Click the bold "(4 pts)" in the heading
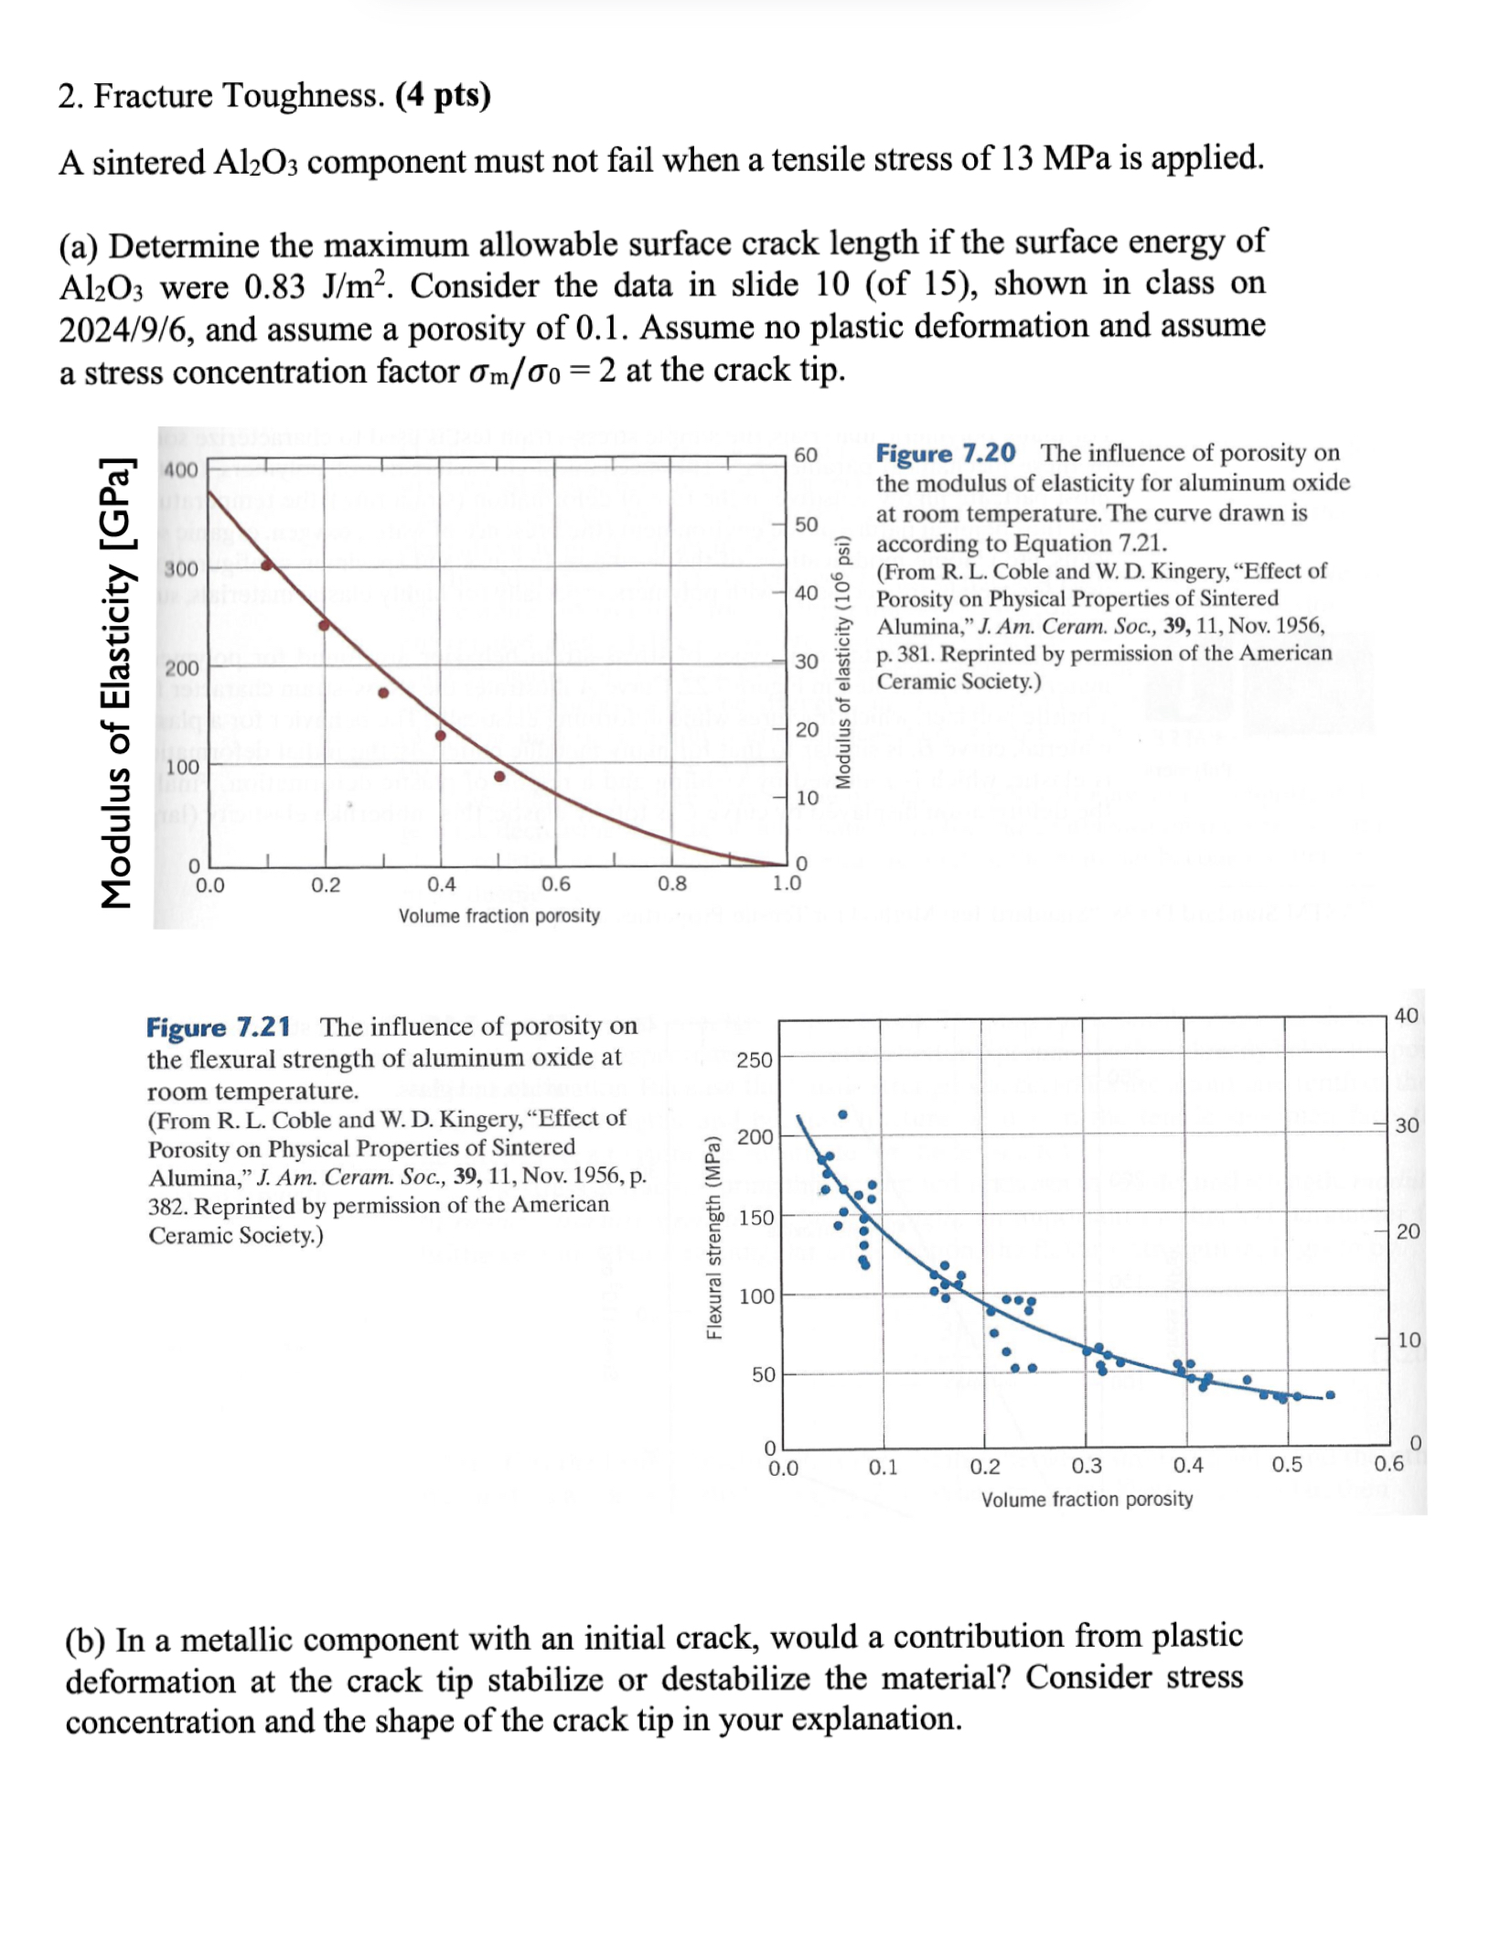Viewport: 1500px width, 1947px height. click(x=443, y=95)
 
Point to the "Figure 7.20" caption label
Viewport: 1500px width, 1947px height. click(x=945, y=453)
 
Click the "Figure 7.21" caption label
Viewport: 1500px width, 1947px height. click(x=218, y=1027)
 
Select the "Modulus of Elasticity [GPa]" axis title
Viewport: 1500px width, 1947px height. click(x=116, y=682)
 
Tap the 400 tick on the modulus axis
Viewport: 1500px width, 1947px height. click(x=180, y=470)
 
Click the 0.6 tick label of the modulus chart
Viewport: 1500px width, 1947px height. click(x=555, y=885)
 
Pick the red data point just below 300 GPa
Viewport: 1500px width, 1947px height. click(x=267, y=565)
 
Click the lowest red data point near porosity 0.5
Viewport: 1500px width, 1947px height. click(x=499, y=776)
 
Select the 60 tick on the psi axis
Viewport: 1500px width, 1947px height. click(x=805, y=456)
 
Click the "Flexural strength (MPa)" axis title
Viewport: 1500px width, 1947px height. click(x=714, y=1237)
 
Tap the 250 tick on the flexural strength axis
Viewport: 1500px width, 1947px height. click(x=755, y=1060)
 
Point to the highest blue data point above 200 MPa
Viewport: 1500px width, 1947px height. click(x=842, y=1114)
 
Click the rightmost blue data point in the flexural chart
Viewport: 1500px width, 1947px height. click(x=1330, y=1394)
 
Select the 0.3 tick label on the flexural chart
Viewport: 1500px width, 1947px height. click(x=1087, y=1466)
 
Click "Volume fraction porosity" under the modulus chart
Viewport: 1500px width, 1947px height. click(x=498, y=916)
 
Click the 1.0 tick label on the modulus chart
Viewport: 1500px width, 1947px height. click(x=787, y=884)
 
